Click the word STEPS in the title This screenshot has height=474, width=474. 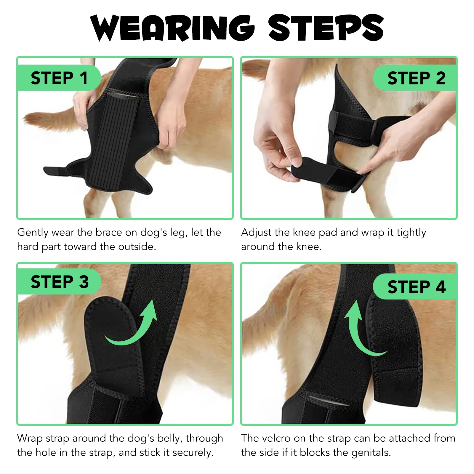(x=326, y=28)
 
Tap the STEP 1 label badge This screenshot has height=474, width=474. (x=59, y=78)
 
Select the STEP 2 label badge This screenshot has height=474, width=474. (x=416, y=78)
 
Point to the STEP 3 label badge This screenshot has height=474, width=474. (x=59, y=281)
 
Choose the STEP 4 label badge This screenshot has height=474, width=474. (x=416, y=287)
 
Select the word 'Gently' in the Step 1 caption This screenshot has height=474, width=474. (x=33, y=232)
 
